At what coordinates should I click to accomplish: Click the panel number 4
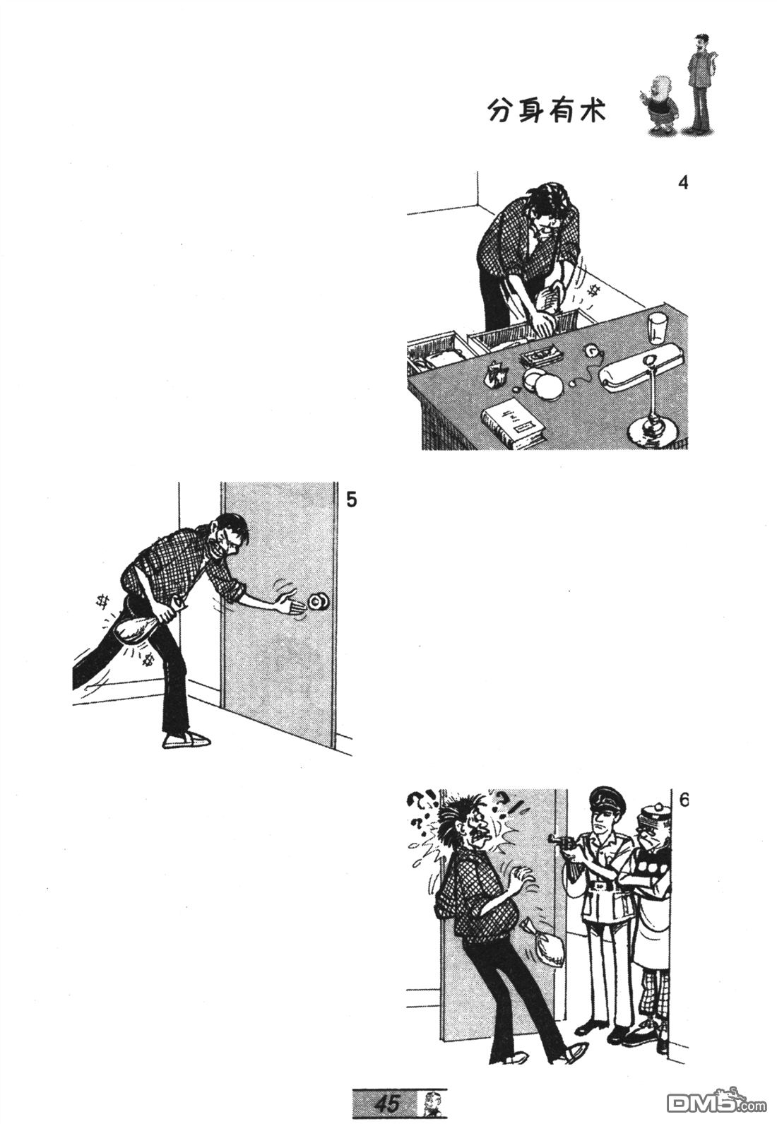[x=682, y=183]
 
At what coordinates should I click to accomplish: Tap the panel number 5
[x=351, y=500]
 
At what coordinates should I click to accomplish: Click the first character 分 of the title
[x=502, y=111]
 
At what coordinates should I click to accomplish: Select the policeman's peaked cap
[x=607, y=798]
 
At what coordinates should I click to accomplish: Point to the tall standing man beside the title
[x=701, y=83]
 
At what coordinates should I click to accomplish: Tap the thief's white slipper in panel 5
[x=186, y=740]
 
